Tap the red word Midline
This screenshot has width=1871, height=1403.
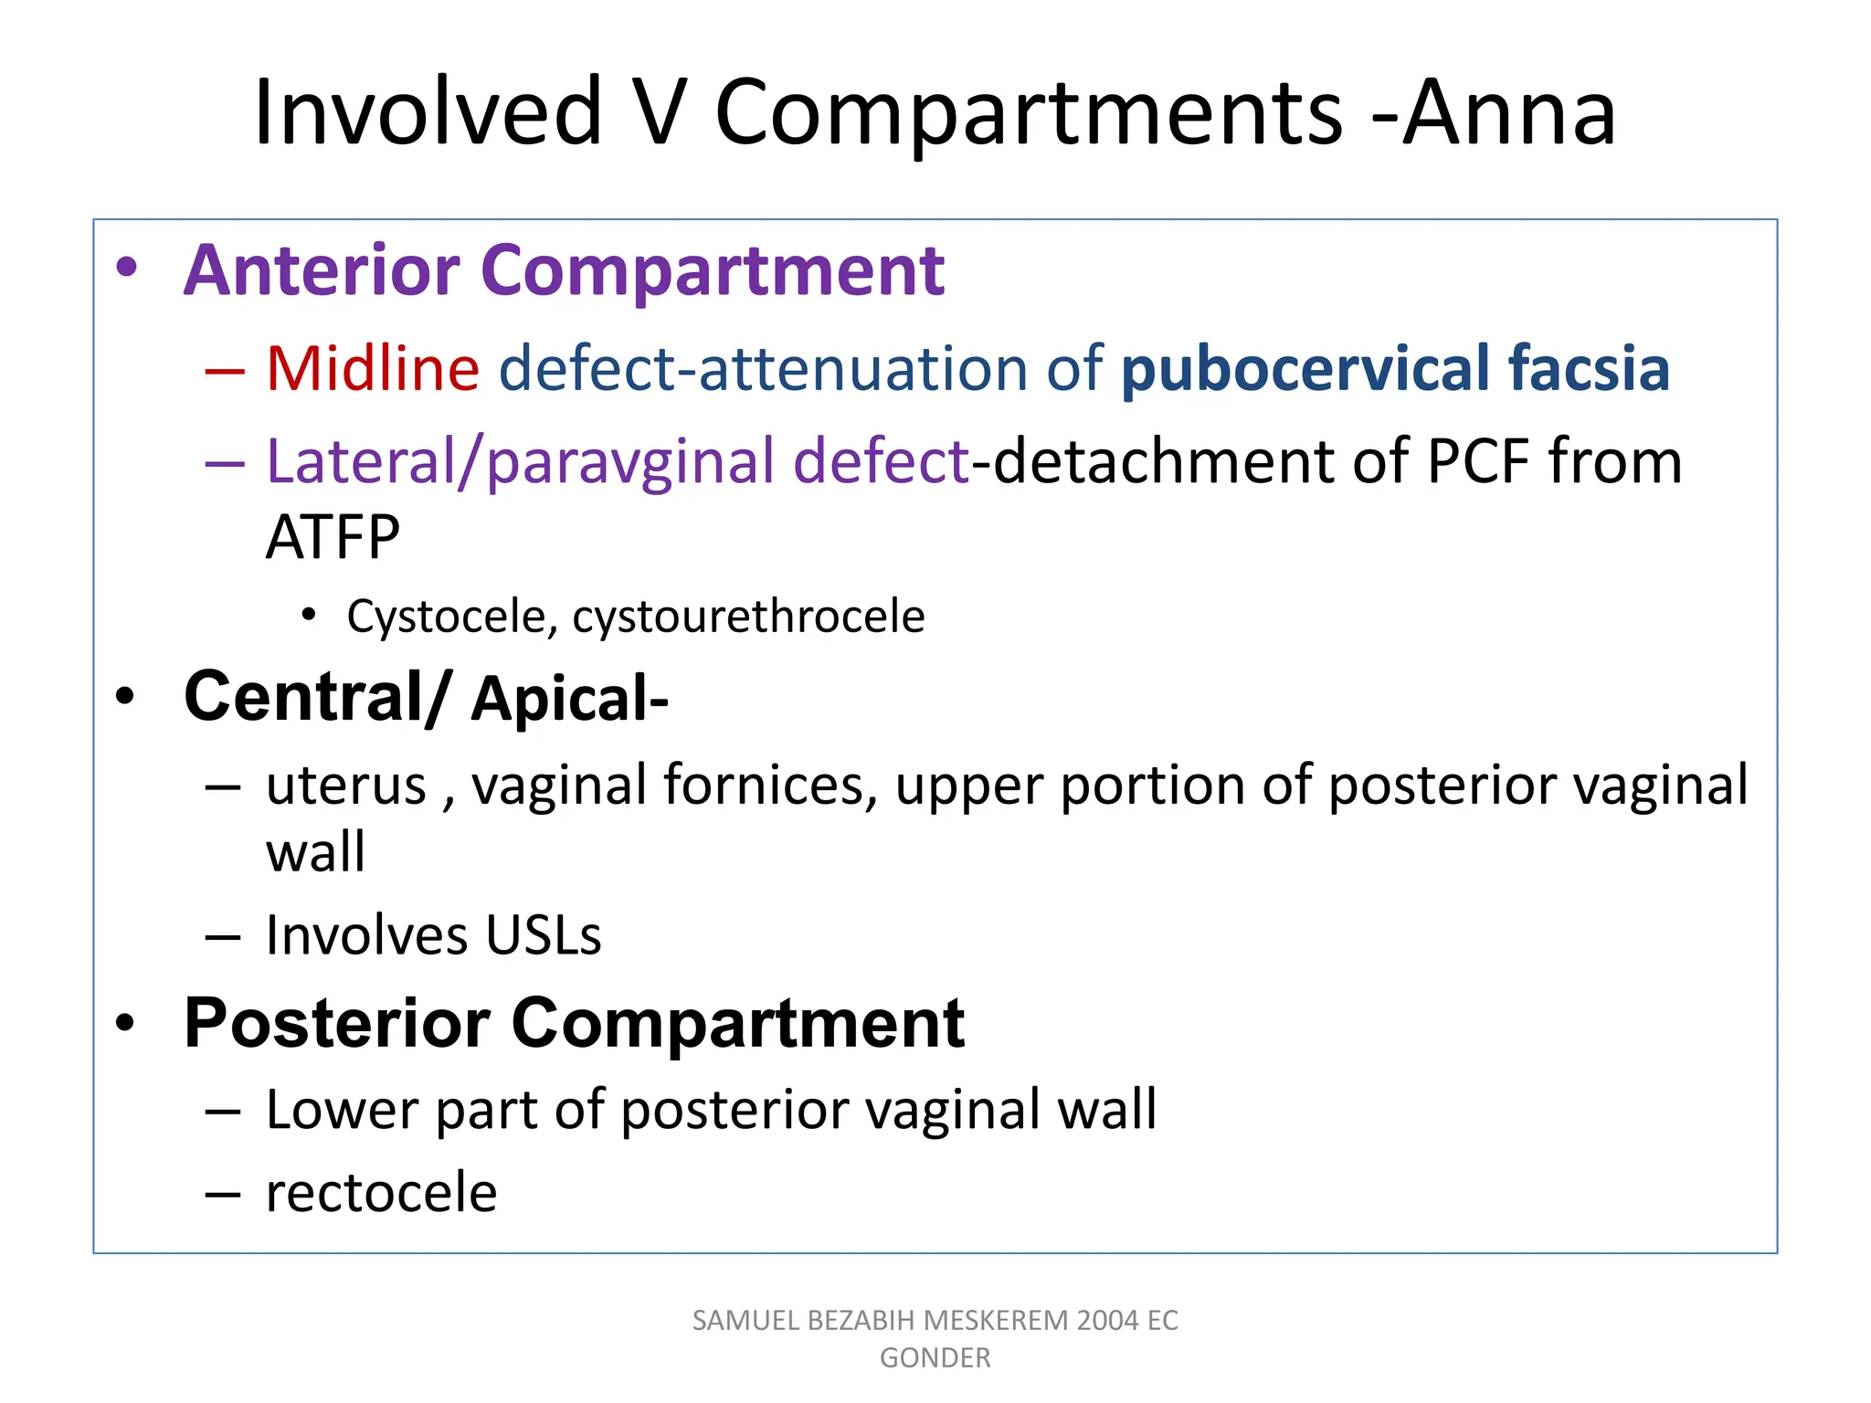coord(373,368)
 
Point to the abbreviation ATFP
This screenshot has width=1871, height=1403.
coord(333,537)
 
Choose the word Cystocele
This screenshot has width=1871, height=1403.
coord(446,617)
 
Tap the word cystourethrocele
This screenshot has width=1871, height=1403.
coord(748,617)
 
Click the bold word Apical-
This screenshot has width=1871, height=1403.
coord(570,699)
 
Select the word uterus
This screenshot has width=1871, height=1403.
coord(346,786)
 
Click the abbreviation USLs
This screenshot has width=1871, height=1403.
coord(543,936)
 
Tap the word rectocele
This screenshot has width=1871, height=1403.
coord(382,1193)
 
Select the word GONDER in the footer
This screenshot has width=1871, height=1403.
coord(935,1358)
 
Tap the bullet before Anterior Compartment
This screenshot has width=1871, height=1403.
coord(126,268)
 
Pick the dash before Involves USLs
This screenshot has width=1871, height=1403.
coord(223,937)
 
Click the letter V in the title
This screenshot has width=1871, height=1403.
coord(658,113)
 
